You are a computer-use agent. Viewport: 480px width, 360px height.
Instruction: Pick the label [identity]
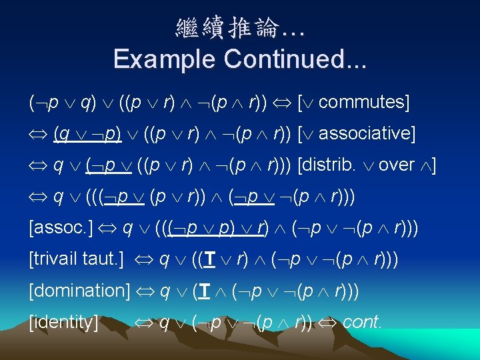tap(63, 321)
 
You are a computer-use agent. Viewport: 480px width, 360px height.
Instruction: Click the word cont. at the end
tap(363, 322)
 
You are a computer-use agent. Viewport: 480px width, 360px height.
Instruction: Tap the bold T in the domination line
tap(199, 291)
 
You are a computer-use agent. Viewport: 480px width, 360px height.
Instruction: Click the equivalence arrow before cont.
tap(327, 322)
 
